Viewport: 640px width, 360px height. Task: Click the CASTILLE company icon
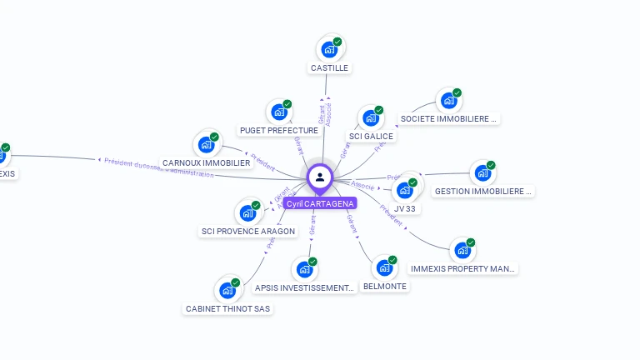pyautogui.click(x=329, y=49)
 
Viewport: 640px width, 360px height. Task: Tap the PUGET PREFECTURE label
pyautogui.click(x=278, y=130)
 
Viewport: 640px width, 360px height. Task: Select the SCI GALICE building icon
pyautogui.click(x=370, y=117)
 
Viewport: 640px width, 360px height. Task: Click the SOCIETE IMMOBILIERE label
pyautogui.click(x=448, y=118)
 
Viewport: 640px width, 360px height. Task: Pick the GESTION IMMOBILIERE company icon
pyautogui.click(x=482, y=173)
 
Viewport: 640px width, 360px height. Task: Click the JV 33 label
pyautogui.click(x=405, y=209)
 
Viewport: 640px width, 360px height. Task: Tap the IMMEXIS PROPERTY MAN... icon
pyautogui.click(x=462, y=250)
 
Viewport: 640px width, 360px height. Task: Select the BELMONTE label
pyautogui.click(x=385, y=286)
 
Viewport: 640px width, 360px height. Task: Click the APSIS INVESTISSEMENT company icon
pyautogui.click(x=304, y=269)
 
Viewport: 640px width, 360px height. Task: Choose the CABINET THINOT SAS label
pyautogui.click(x=227, y=308)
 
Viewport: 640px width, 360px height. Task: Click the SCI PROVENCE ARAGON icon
pyautogui.click(x=247, y=212)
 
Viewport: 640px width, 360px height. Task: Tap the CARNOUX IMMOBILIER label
pyautogui.click(x=206, y=162)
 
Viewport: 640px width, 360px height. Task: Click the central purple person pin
pyautogui.click(x=319, y=177)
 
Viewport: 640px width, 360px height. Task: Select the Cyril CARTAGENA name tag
pyautogui.click(x=319, y=203)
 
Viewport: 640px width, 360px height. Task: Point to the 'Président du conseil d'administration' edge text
pyautogui.click(x=158, y=167)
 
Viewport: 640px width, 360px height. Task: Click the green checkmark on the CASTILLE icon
pyautogui.click(x=337, y=42)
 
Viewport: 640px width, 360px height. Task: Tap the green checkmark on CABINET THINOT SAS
pyautogui.click(x=236, y=283)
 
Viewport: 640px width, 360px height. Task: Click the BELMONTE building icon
pyautogui.click(x=383, y=267)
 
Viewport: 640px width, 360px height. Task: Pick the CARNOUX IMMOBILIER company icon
pyautogui.click(x=206, y=144)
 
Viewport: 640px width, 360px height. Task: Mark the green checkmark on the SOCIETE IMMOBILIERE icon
pyautogui.click(x=457, y=92)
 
